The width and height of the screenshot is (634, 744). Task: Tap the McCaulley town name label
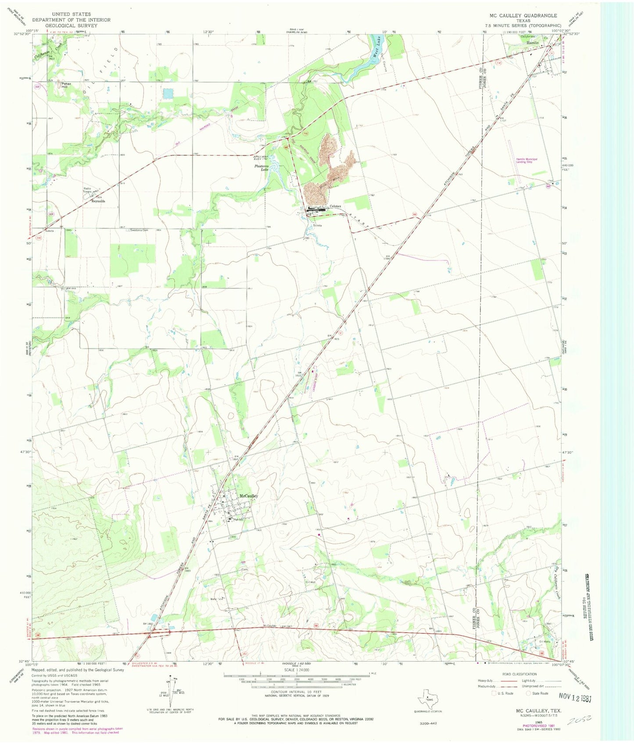click(x=248, y=496)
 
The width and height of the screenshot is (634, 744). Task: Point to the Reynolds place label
click(x=98, y=201)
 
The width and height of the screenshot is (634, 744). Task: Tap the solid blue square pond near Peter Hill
click(x=167, y=93)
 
